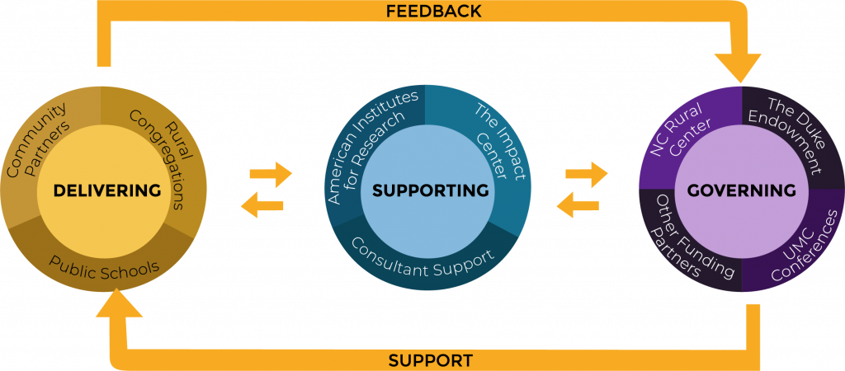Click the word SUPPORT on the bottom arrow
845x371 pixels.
click(x=430, y=360)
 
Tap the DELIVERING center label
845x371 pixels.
click(x=107, y=190)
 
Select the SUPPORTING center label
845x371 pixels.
click(x=430, y=190)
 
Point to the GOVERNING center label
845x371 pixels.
click(x=742, y=190)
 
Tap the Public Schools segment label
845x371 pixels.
click(x=104, y=264)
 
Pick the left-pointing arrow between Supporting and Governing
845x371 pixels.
click(x=577, y=205)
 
